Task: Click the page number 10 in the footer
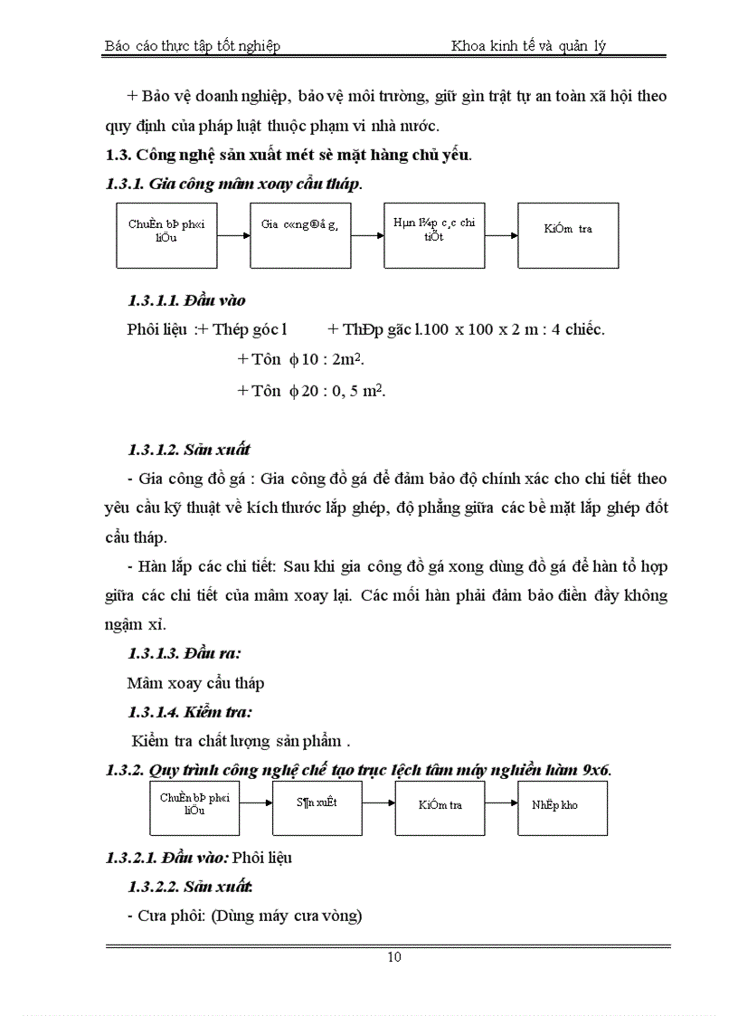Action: pyautogui.click(x=394, y=957)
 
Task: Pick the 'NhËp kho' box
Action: pyautogui.click(x=562, y=808)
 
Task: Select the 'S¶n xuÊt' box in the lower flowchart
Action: pyautogui.click(x=317, y=808)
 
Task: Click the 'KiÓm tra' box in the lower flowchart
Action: pyautogui.click(x=440, y=808)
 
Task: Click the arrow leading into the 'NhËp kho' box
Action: pyautogui.click(x=500, y=802)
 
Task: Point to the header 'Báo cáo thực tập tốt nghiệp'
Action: pyautogui.click(x=193, y=46)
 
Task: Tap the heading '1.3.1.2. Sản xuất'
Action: pyautogui.click(x=189, y=449)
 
